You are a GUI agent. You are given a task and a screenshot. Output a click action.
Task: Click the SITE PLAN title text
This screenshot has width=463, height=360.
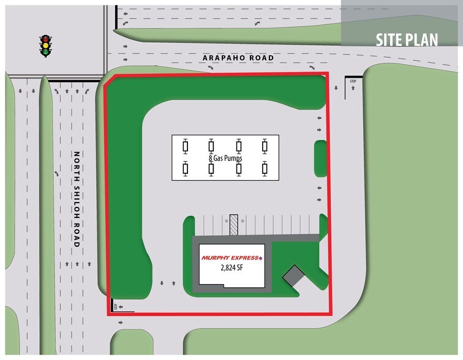pos(407,40)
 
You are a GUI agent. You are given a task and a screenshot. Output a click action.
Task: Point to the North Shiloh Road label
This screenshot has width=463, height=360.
pos(77,199)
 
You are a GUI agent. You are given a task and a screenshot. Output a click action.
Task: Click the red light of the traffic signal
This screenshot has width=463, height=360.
pos(45,39)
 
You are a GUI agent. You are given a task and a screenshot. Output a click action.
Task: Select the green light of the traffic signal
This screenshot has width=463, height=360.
pos(45,52)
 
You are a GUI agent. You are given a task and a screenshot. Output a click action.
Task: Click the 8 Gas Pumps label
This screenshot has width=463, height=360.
pos(225,158)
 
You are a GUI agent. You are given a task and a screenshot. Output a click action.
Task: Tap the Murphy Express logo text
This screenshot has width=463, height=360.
pos(231,258)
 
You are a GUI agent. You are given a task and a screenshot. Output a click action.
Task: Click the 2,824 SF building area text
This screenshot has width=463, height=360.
pos(231,268)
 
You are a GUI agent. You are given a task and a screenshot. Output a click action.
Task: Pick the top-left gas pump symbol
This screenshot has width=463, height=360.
pos(186,146)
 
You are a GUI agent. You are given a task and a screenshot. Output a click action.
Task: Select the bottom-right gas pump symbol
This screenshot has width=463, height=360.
pos(265,168)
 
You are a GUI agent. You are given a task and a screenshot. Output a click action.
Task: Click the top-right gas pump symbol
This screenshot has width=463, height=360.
pos(265,146)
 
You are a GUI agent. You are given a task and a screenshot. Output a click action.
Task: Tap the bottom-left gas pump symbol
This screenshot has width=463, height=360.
pos(186,168)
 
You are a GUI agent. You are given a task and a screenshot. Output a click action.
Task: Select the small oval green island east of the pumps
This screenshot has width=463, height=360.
pos(320,157)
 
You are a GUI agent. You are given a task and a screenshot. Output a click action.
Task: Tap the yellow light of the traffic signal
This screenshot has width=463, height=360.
pos(45,45)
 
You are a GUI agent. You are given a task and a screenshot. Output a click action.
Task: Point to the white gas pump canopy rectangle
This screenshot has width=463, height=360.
pos(225,157)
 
